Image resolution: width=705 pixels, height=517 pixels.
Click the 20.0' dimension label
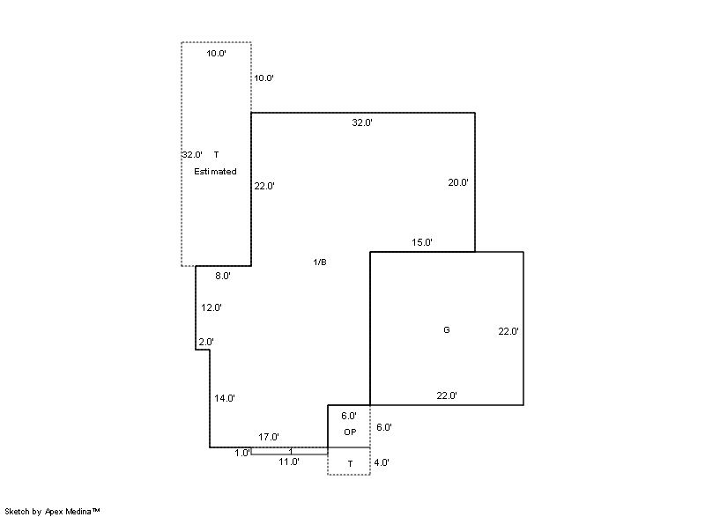(458, 182)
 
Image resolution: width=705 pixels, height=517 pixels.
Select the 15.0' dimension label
(422, 242)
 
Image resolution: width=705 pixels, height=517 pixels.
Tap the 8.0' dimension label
(223, 276)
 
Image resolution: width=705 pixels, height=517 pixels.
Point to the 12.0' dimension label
(211, 307)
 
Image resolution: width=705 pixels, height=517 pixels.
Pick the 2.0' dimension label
(206, 342)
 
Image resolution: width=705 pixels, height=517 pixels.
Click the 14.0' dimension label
(225, 398)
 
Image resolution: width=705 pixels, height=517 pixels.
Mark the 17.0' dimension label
(269, 437)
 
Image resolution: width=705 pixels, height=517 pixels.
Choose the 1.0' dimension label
(242, 454)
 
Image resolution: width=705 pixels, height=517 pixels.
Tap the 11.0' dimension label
(289, 462)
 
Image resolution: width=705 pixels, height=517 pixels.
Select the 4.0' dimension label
(382, 462)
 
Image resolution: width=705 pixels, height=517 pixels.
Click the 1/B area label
(320, 262)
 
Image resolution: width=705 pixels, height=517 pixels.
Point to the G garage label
(447, 330)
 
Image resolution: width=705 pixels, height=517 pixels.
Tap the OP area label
(350, 432)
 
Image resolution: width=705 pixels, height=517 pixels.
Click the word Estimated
(215, 172)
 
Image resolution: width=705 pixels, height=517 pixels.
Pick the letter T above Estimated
(216, 154)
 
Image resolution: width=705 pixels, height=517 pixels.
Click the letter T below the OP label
(350, 464)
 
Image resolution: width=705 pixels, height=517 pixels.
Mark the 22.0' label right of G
(508, 331)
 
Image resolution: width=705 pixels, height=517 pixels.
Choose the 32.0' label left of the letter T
(192, 154)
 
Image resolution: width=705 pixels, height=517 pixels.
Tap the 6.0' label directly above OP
(349, 417)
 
